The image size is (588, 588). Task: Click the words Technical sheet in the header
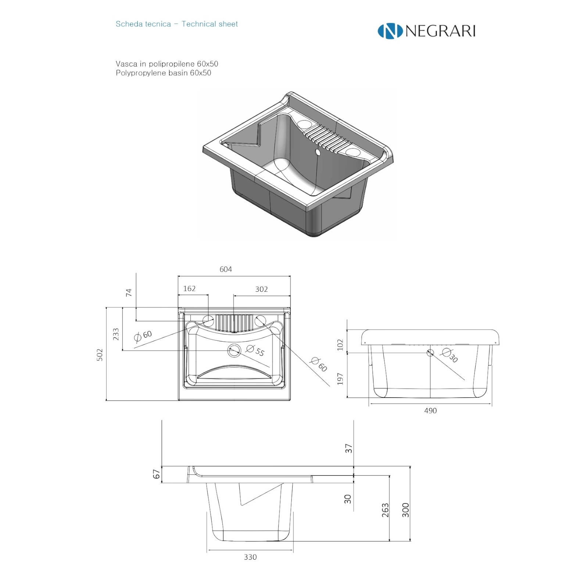tap(209, 24)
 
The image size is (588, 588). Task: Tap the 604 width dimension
tap(226, 269)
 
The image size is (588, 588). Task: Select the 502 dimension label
tap(100, 355)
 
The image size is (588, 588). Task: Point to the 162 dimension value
tap(189, 288)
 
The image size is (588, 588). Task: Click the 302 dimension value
tap(261, 289)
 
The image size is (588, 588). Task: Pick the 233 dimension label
tap(116, 334)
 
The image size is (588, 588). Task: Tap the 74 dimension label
tap(129, 293)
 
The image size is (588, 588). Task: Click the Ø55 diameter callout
tap(255, 350)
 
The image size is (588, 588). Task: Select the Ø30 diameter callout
tap(449, 355)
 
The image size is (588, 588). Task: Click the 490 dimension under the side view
tap(430, 410)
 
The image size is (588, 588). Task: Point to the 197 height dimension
tap(340, 379)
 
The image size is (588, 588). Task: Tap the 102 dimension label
tap(340, 345)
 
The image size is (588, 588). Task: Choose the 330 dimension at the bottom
tap(250, 557)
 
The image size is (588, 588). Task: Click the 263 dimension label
tap(385, 510)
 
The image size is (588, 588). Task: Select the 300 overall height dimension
tap(405, 510)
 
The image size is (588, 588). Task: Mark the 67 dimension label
tap(157, 474)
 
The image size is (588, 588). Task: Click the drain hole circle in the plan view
tap(234, 351)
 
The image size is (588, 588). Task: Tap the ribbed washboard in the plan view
tap(233, 322)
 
